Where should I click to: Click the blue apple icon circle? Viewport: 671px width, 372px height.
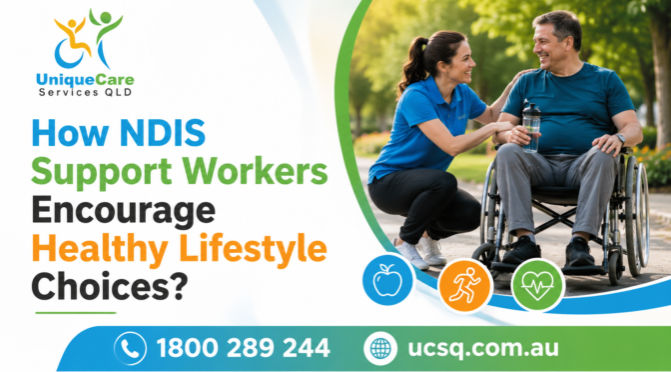[x=387, y=280]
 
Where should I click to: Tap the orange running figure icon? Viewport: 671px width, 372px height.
[x=464, y=285]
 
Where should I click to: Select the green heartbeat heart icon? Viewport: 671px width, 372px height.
[x=537, y=285]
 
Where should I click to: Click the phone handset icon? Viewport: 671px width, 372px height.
[x=130, y=348]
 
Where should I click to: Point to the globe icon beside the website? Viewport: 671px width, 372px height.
[x=380, y=348]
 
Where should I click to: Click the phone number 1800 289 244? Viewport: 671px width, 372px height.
[x=243, y=348]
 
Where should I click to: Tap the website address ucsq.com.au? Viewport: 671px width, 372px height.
[x=483, y=348]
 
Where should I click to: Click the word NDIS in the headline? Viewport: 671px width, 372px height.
[x=162, y=134]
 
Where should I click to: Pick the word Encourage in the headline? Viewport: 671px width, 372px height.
[x=123, y=210]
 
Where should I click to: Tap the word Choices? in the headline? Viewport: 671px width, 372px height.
[x=110, y=286]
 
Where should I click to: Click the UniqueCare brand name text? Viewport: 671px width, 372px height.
[x=85, y=79]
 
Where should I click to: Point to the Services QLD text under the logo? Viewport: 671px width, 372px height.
[x=85, y=92]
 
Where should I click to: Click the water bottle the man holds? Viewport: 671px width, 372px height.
[x=531, y=127]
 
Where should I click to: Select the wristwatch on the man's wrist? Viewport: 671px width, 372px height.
[x=620, y=138]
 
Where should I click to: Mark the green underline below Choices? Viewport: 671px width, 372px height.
[x=76, y=313]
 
